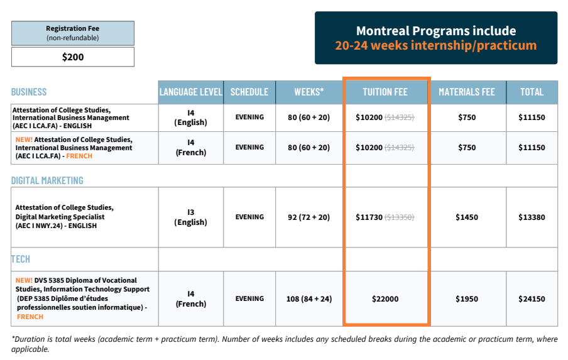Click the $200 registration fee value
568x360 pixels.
pyautogui.click(x=72, y=57)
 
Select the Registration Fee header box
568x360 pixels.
pyautogui.click(x=72, y=33)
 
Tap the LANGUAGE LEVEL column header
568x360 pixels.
pyautogui.click(x=190, y=92)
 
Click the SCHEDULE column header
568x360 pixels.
pyautogui.click(x=249, y=92)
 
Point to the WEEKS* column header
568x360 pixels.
pyautogui.click(x=309, y=92)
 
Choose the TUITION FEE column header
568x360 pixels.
pyautogui.click(x=385, y=92)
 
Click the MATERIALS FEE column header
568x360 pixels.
pyautogui.click(x=467, y=92)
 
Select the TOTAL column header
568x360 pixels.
pyautogui.click(x=532, y=92)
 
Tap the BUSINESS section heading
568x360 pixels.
pyautogui.click(x=29, y=92)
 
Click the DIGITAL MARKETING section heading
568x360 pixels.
pyautogui.click(x=47, y=181)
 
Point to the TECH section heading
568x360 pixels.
pyautogui.click(x=21, y=259)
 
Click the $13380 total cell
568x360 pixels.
pyautogui.click(x=532, y=217)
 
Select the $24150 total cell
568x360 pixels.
pyautogui.click(x=532, y=299)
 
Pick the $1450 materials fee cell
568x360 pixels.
pyautogui.click(x=467, y=217)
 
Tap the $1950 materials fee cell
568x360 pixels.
pyautogui.click(x=467, y=299)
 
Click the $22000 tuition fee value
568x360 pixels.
pyautogui.click(x=385, y=299)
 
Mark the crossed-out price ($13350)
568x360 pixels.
pyautogui.click(x=400, y=217)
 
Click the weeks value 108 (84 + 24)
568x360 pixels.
pyautogui.click(x=309, y=299)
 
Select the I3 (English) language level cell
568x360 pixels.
pyautogui.click(x=190, y=217)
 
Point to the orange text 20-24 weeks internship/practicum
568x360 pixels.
pyautogui.click(x=435, y=46)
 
